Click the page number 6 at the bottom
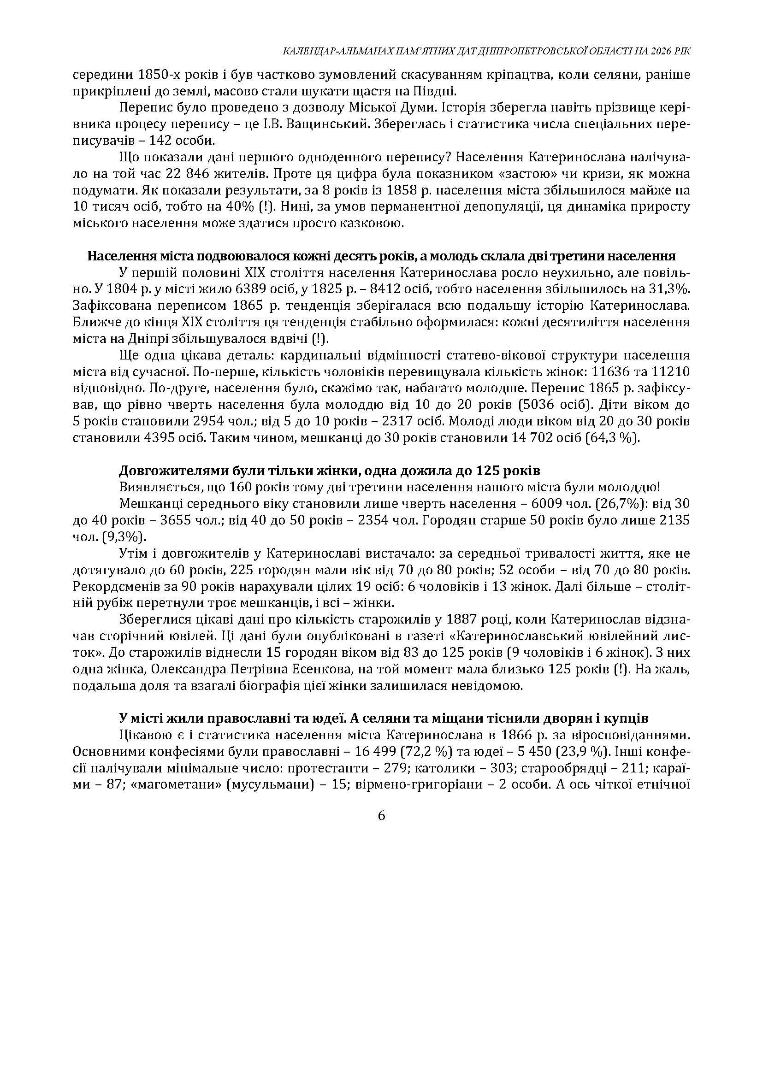tap(381, 816)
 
